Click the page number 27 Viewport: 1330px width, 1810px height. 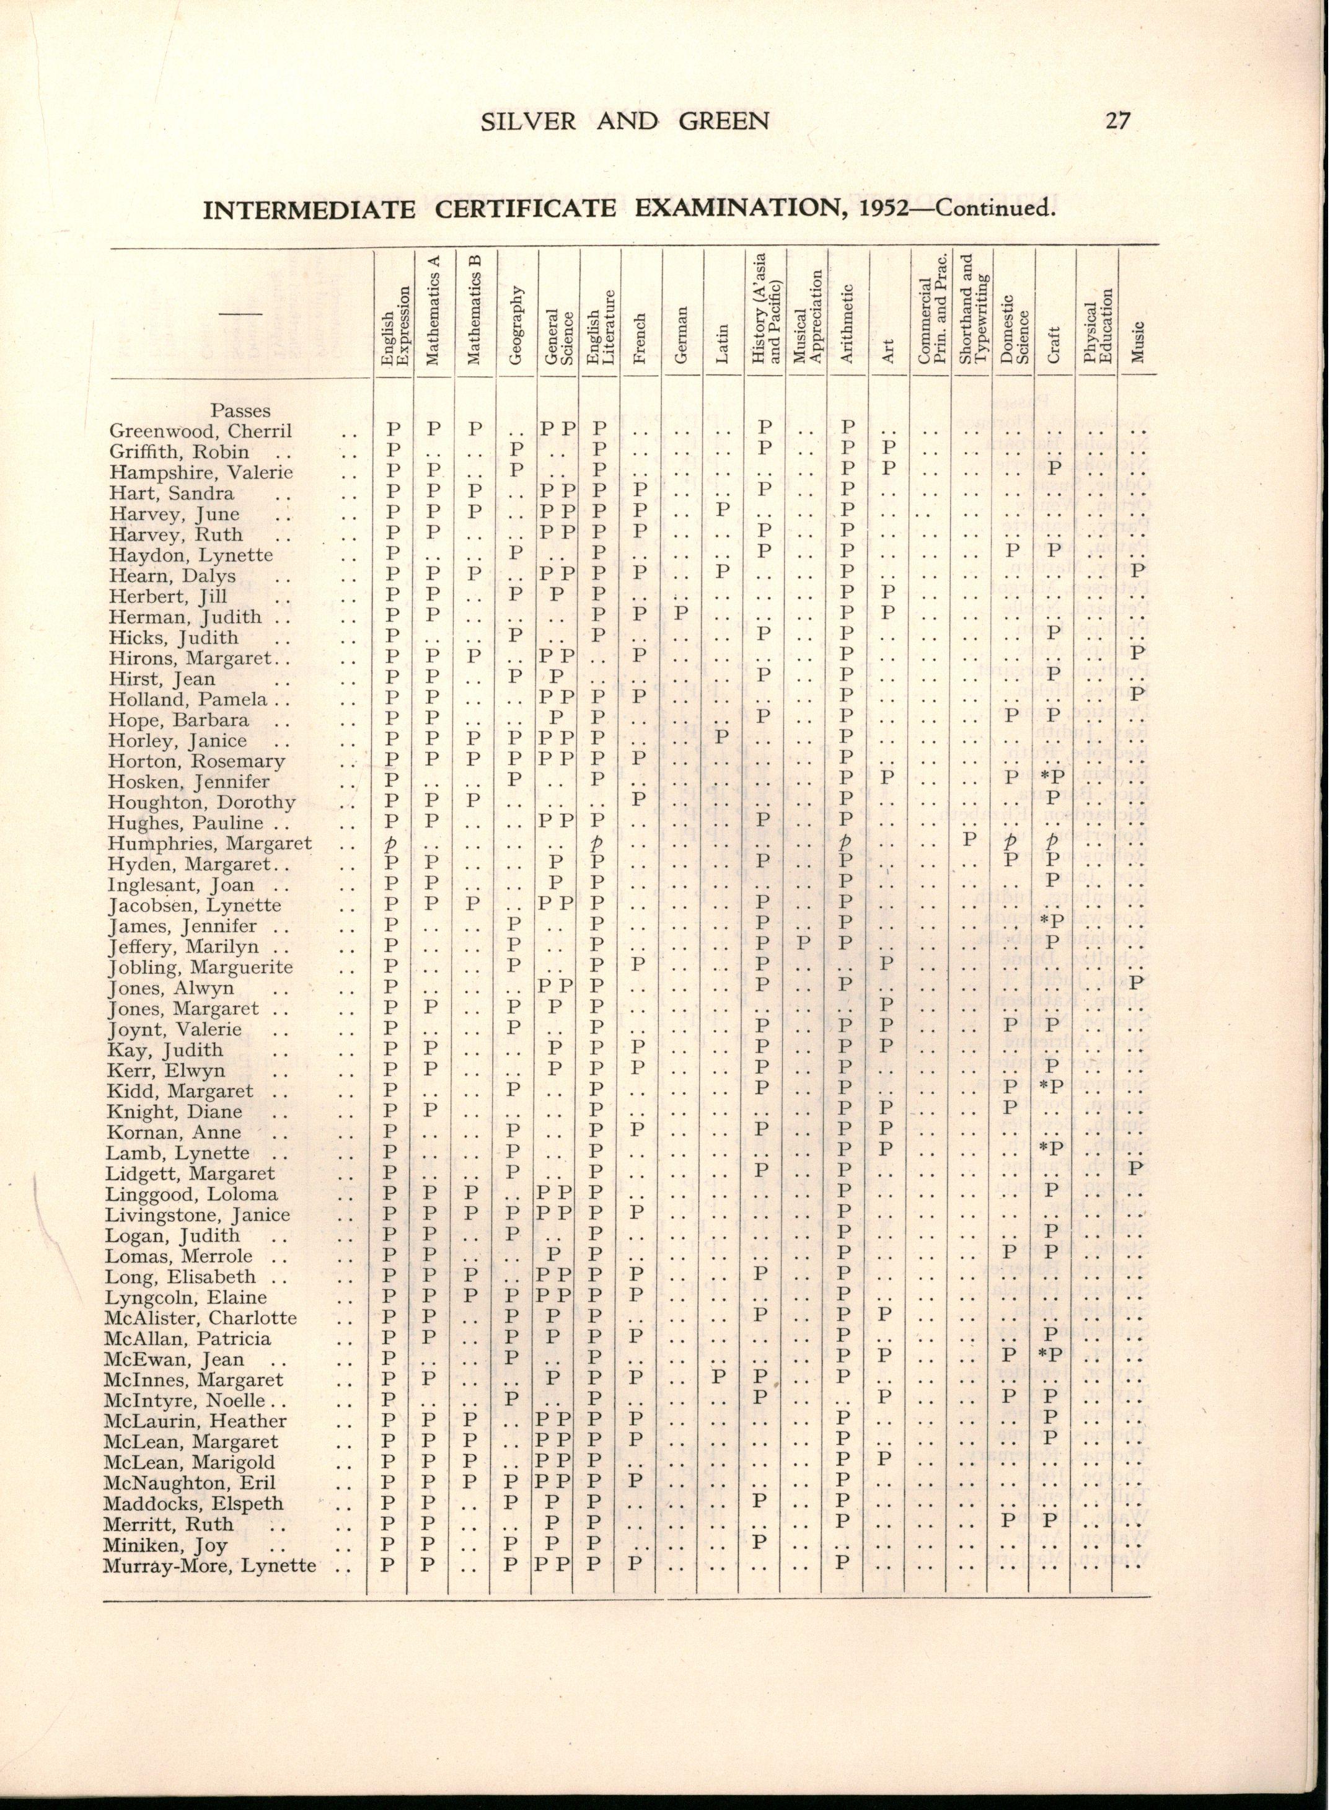click(x=1118, y=120)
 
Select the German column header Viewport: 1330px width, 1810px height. click(x=682, y=333)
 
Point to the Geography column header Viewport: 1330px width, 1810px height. click(x=517, y=323)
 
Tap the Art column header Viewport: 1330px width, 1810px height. click(x=889, y=352)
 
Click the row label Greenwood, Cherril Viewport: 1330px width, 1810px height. click(x=200, y=431)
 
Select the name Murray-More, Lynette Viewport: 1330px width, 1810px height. click(x=209, y=1565)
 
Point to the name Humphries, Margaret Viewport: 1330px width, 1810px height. click(x=210, y=844)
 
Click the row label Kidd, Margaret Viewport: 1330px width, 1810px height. click(x=180, y=1092)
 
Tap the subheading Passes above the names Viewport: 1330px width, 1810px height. click(x=240, y=410)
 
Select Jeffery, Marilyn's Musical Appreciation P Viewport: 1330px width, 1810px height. click(x=803, y=946)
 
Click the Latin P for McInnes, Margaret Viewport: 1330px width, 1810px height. click(x=721, y=1380)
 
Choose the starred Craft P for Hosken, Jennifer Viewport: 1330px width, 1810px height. click(x=1052, y=779)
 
